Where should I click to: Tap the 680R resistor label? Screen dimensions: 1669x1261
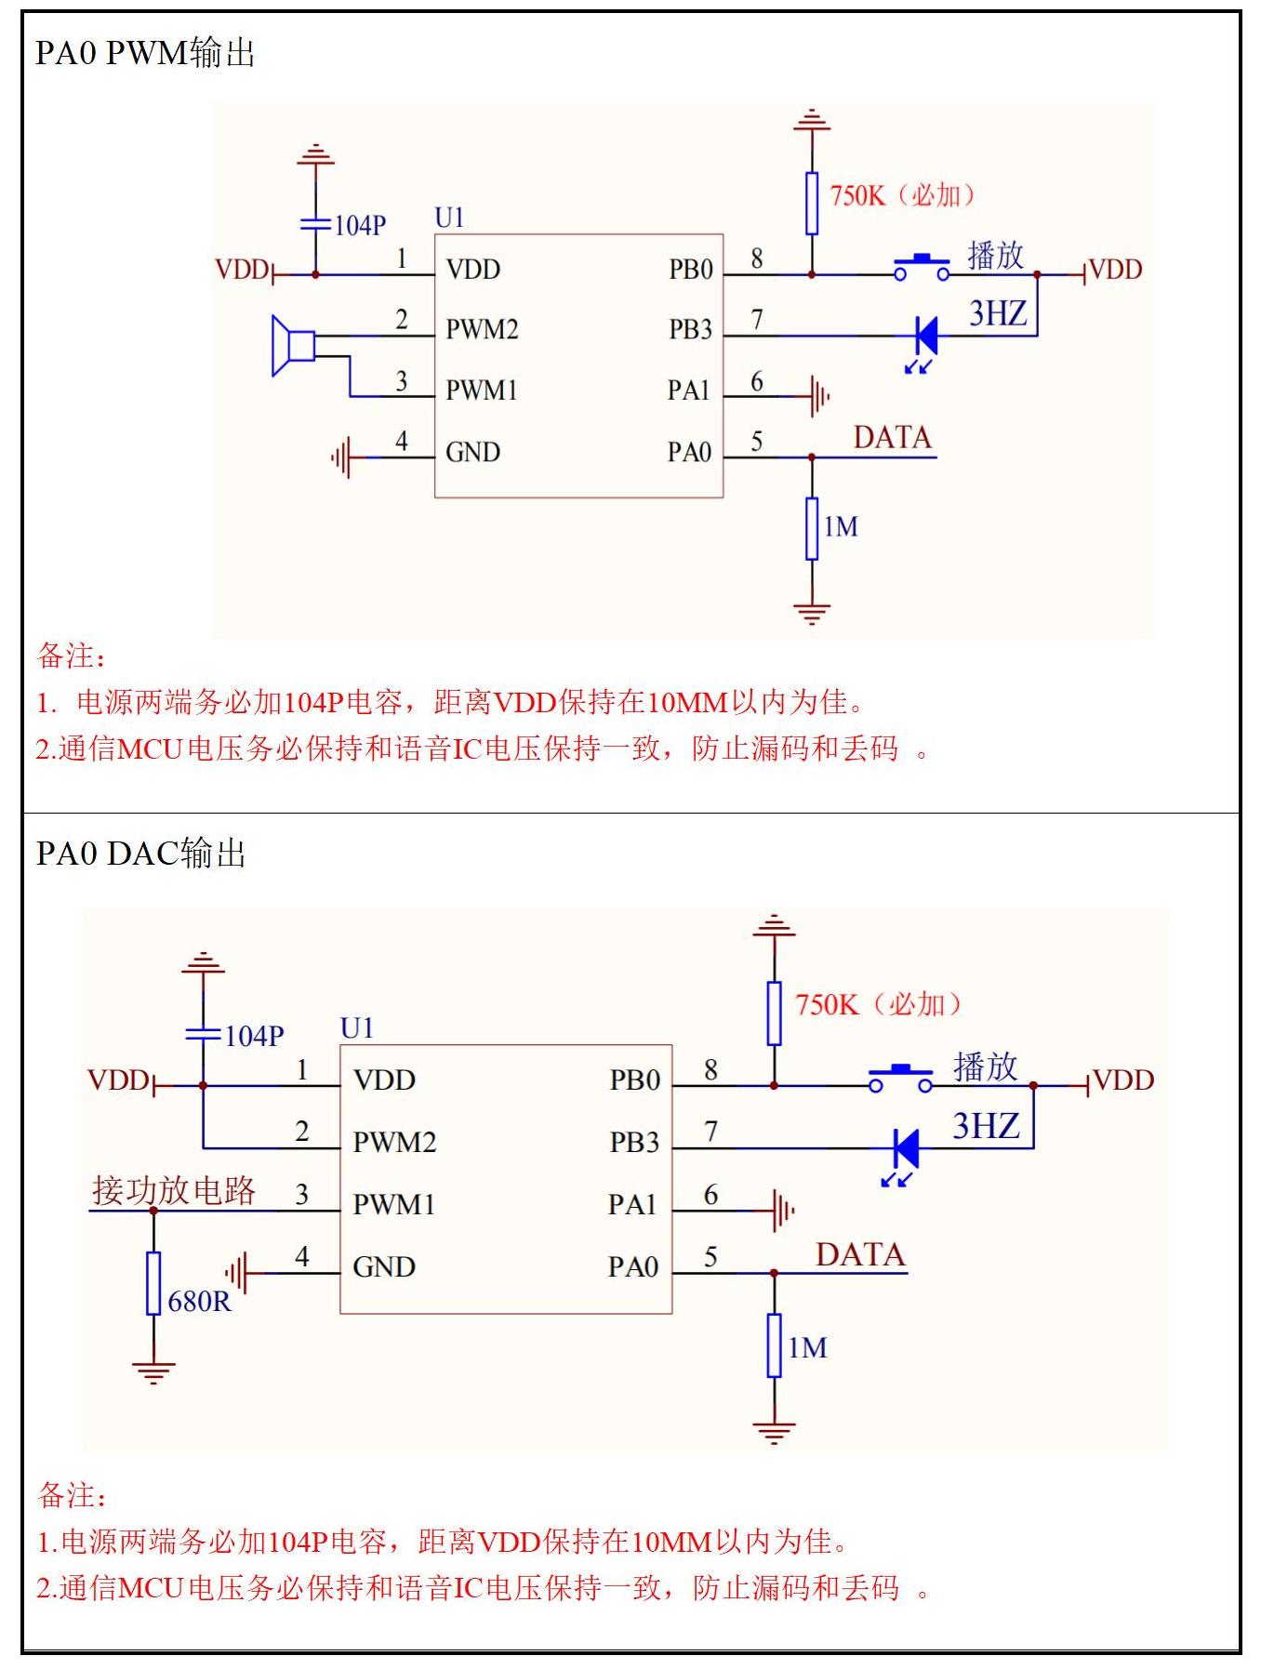click(199, 1302)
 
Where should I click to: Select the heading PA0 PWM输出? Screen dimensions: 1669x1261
click(145, 53)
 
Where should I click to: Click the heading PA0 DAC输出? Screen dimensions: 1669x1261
click(140, 854)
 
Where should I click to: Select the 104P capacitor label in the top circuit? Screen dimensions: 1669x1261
click(360, 226)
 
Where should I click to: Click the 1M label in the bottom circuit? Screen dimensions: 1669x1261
click(807, 1348)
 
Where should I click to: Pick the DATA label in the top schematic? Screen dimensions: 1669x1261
click(892, 438)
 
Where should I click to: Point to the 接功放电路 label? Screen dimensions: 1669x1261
click(174, 1191)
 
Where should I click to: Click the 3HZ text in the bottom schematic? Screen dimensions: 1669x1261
click(986, 1127)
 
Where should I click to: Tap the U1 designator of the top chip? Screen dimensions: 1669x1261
click(449, 219)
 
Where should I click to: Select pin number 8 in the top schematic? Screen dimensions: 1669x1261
click(757, 258)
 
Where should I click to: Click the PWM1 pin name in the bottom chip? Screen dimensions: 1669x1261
click(394, 1205)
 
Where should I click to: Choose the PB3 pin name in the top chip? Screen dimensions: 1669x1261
click(690, 330)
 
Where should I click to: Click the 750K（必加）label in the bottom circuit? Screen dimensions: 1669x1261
click(878, 1005)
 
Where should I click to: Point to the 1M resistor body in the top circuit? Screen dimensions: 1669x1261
click(812, 528)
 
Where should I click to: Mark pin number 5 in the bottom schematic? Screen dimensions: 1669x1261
click(710, 1258)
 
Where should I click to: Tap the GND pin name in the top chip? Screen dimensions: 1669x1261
click(472, 453)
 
